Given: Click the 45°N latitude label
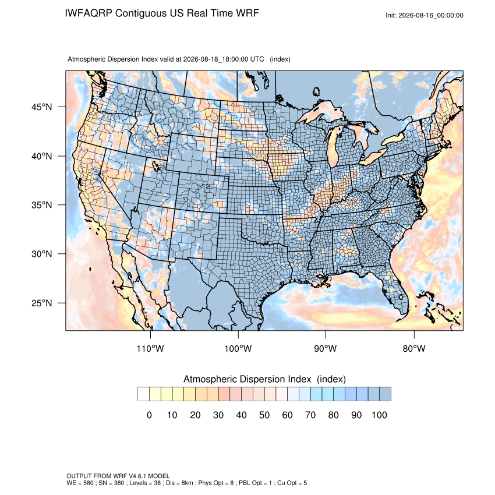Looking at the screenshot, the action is [42, 107].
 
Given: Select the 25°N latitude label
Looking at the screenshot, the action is [42, 303].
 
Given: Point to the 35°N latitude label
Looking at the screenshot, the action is [42, 205].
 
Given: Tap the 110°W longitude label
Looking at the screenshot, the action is [150, 348].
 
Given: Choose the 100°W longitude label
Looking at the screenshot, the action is [238, 348].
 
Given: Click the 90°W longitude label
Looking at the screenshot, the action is [325, 348].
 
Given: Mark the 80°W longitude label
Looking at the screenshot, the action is [414, 348].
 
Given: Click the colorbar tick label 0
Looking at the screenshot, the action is [149, 415].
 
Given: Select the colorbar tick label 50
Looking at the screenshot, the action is [264, 415].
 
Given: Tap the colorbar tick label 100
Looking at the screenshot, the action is [379, 415].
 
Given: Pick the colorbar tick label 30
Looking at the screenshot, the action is [218, 415].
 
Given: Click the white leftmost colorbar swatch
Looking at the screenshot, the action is [143, 394].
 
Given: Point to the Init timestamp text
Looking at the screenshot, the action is [425, 15].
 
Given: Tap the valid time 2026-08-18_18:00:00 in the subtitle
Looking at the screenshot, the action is [215, 59].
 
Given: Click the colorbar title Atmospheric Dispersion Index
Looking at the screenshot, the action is [247, 379].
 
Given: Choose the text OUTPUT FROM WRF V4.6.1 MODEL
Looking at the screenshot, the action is [118, 476].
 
